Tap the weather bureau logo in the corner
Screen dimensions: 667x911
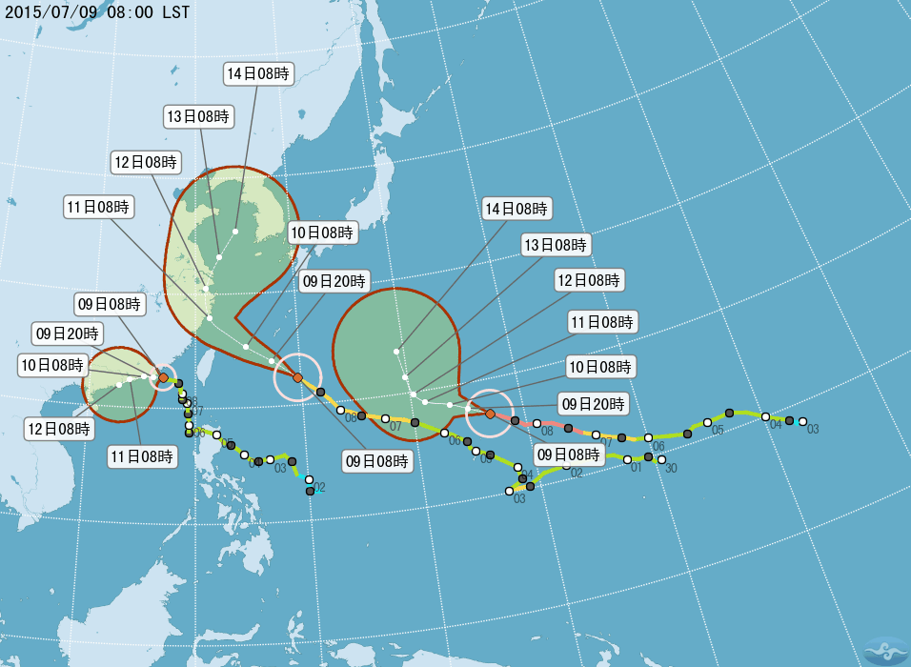coord(885,651)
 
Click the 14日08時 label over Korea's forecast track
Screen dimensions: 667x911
coord(259,72)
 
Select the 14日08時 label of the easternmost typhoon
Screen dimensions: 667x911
coord(516,209)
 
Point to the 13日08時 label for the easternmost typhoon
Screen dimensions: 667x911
coord(557,245)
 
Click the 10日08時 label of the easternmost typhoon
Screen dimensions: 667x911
coord(601,367)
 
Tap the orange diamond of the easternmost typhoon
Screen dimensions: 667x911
coord(490,414)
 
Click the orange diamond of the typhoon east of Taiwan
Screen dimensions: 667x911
coord(297,378)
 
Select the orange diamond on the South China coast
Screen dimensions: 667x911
coord(163,378)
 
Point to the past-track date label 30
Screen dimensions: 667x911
coord(671,468)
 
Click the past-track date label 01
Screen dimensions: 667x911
coord(636,468)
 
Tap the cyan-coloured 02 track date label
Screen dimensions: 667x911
coord(319,487)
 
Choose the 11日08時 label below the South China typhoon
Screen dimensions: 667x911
coord(141,456)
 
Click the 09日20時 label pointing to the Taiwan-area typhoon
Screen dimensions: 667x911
coord(334,280)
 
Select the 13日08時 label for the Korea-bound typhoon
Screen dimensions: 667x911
coord(198,117)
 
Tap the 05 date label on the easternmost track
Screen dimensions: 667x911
coord(718,430)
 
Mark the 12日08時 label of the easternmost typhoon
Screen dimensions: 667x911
coord(589,280)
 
